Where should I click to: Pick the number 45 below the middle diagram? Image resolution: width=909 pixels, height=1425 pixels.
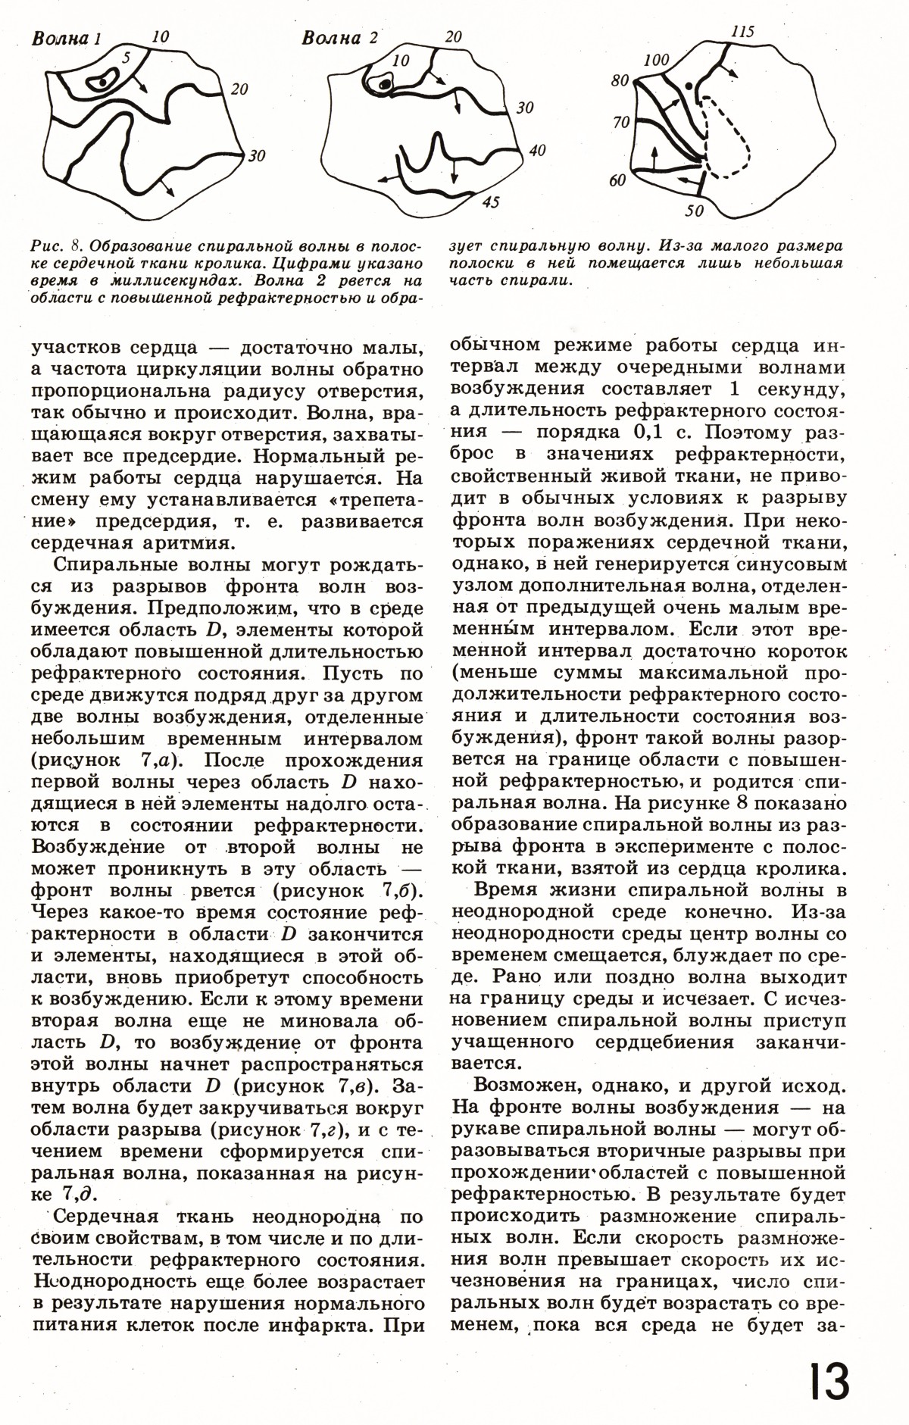pos(490,203)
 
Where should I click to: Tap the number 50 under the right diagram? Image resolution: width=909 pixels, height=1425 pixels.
pos(695,211)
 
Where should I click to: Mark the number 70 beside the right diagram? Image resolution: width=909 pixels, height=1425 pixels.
pos(620,121)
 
